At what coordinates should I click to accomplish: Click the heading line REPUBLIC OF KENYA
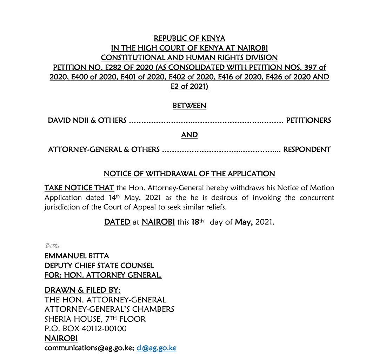(189, 38)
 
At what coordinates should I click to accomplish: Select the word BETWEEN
(189, 106)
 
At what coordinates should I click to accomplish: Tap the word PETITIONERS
(308, 120)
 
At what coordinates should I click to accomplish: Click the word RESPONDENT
(307, 149)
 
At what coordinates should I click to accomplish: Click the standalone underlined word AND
(189, 135)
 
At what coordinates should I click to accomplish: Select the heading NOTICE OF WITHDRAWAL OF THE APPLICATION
(189, 174)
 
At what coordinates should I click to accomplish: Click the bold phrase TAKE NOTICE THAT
(79, 188)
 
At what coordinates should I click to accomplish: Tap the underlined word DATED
(117, 222)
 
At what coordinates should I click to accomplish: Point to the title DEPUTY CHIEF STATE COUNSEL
(99, 266)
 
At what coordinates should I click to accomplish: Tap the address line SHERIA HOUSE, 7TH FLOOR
(95, 319)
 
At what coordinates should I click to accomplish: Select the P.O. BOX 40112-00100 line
(86, 329)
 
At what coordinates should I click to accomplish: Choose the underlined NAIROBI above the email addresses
(61, 338)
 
